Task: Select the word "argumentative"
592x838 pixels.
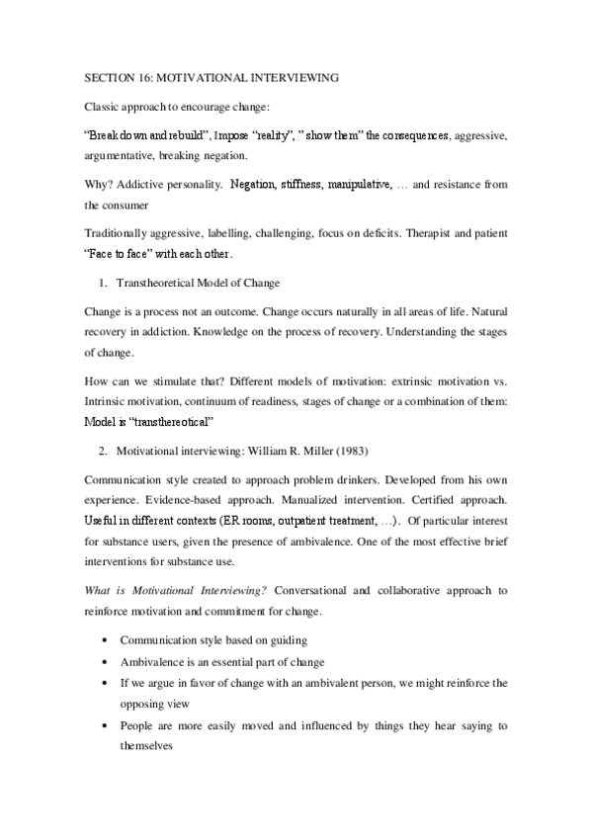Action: (119, 154)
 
